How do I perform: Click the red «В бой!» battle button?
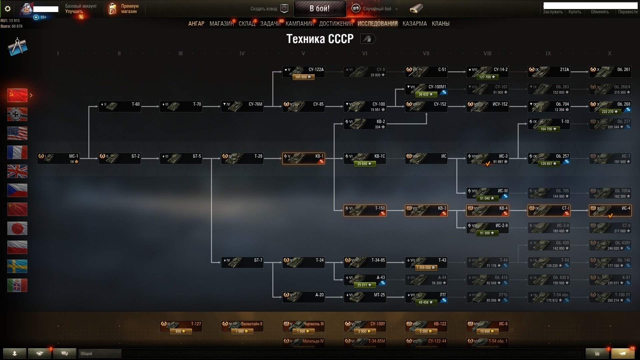(319, 9)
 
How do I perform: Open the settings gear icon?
(8, 9)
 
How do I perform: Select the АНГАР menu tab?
(196, 24)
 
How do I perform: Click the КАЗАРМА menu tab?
(414, 24)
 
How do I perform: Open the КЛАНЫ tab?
(440, 24)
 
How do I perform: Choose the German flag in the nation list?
(17, 114)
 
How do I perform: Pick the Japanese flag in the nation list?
(17, 228)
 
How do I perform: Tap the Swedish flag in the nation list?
(17, 266)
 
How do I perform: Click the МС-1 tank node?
(58, 158)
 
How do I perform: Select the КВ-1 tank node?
(303, 158)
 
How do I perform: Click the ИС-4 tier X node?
(610, 210)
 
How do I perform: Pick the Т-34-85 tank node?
(365, 262)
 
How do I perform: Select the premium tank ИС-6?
(487, 326)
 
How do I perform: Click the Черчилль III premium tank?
(303, 326)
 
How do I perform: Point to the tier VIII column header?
(487, 53)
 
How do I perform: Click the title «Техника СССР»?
(320, 39)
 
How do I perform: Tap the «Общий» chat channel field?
(100, 353)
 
